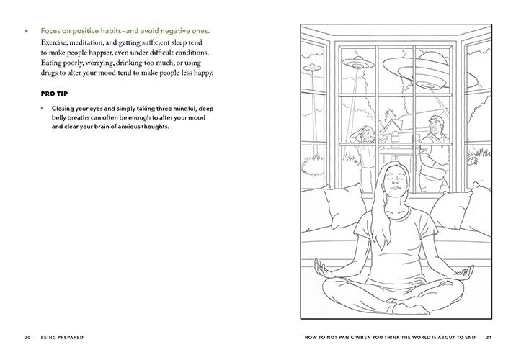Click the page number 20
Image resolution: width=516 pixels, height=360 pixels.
[27, 337]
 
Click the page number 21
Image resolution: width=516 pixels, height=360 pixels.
[489, 337]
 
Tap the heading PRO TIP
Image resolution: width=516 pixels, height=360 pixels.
[54, 94]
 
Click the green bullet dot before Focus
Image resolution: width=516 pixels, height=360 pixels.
[27, 31]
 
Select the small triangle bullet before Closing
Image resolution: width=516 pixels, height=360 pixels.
[42, 108]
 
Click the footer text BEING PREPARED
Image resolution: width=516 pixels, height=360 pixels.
[62, 337]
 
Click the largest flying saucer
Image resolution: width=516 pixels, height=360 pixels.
[430, 72]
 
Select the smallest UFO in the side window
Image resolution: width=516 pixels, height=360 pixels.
[311, 68]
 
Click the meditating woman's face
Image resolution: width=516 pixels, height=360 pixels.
[395, 181]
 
